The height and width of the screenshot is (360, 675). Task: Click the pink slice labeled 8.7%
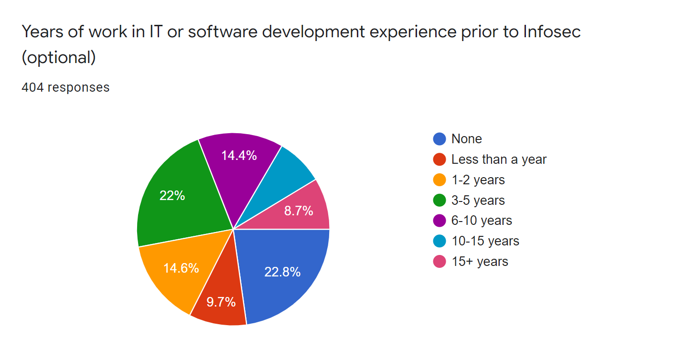click(299, 211)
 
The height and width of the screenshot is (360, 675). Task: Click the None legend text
click(466, 139)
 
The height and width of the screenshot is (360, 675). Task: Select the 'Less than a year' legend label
click(499, 159)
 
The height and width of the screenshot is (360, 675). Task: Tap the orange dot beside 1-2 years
click(439, 180)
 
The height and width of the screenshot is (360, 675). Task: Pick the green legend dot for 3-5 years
click(439, 201)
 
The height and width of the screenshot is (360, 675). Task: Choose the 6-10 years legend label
click(482, 221)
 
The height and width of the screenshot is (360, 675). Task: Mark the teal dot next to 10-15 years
click(439, 241)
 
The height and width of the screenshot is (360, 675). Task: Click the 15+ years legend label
click(480, 262)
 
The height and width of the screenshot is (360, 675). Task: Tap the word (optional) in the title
click(59, 57)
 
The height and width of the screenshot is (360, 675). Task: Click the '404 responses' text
click(65, 87)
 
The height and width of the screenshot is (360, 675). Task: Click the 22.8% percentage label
click(282, 272)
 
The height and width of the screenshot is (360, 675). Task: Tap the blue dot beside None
click(439, 139)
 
